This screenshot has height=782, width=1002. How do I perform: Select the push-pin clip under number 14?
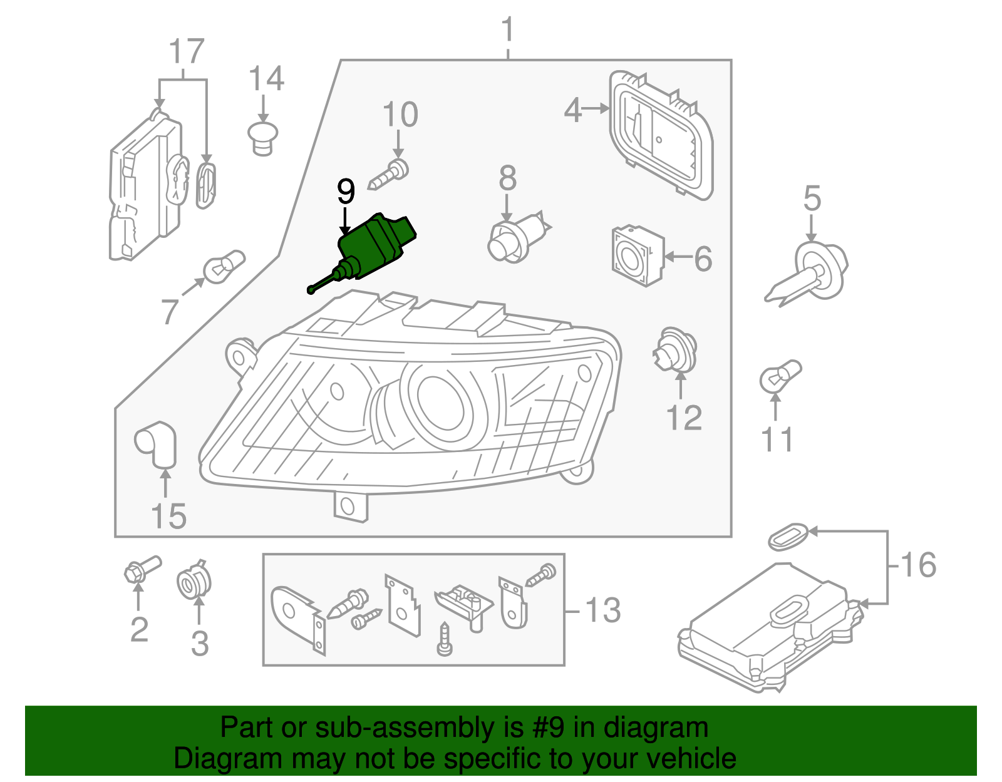[x=263, y=138]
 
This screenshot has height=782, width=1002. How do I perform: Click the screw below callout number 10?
[x=389, y=175]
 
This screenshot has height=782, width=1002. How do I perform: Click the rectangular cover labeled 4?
[x=661, y=135]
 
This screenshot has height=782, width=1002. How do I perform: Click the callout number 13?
[x=602, y=610]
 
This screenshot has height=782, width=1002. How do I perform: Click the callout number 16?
[x=918, y=565]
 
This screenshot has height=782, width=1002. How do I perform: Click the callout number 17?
[x=187, y=52]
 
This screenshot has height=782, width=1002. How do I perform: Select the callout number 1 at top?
[x=508, y=29]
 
